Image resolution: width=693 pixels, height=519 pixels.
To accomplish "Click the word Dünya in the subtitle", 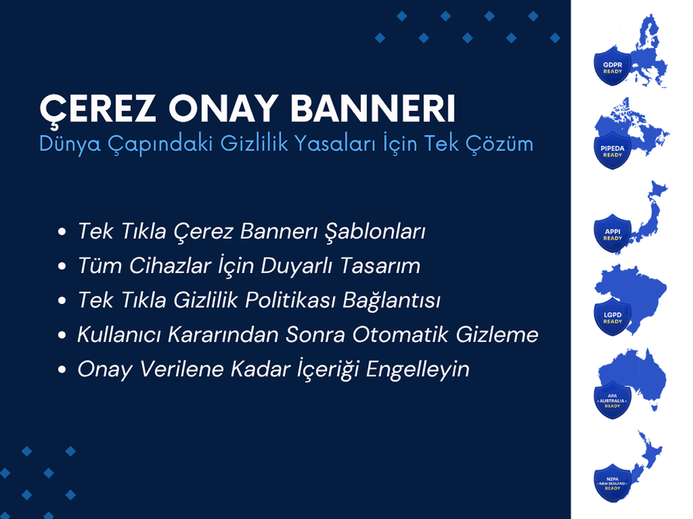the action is tap(70, 144).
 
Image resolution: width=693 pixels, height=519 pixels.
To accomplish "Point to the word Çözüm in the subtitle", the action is tap(500, 144).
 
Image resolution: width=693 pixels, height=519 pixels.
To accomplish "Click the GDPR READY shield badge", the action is tap(612, 66).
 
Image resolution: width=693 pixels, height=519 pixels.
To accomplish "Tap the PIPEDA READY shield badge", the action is tap(612, 151).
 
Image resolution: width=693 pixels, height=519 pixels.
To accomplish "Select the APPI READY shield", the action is tap(612, 234).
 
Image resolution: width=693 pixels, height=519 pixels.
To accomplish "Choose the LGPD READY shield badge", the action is tap(612, 317).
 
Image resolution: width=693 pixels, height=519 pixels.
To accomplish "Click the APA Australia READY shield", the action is tap(612, 400).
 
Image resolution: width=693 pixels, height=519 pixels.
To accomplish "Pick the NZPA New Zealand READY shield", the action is tap(612, 483).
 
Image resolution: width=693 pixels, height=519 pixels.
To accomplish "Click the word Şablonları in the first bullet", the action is tap(375, 232).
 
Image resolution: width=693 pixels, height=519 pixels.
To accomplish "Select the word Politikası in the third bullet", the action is tap(290, 300).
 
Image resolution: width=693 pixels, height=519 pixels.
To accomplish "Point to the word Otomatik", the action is tap(400, 334).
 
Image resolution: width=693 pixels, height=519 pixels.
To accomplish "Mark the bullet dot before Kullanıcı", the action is tap(62, 335).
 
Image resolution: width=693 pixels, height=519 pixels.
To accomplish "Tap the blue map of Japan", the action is tap(647, 217).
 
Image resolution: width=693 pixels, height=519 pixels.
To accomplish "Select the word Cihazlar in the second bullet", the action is tap(170, 266).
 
